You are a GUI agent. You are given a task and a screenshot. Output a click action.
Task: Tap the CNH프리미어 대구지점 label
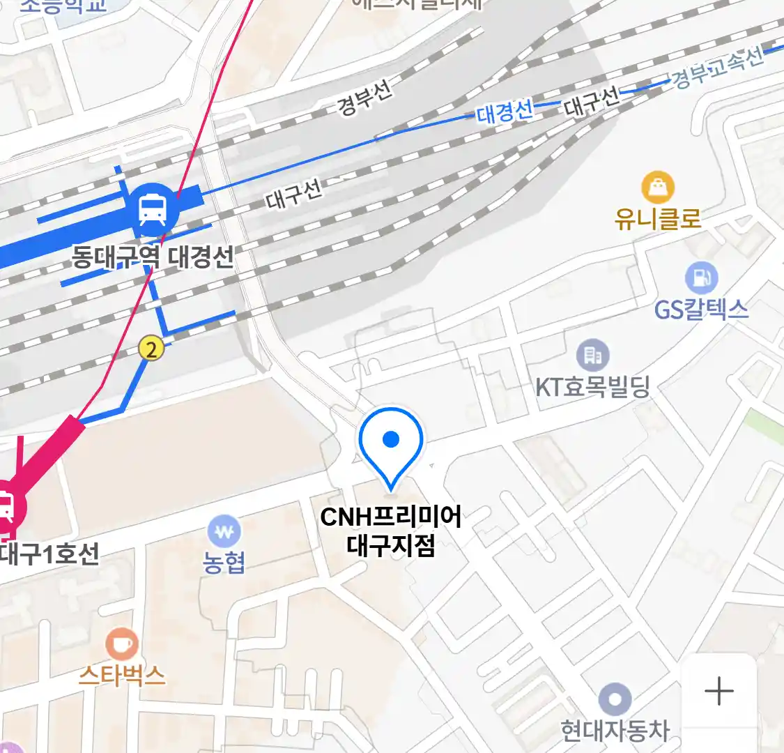(391, 531)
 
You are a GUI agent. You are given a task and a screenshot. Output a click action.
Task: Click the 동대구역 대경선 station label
(153, 257)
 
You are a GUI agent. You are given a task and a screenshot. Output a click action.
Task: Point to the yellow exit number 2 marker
(151, 347)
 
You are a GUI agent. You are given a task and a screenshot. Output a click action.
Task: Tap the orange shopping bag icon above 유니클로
(658, 188)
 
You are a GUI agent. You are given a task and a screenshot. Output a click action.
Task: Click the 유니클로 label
(658, 219)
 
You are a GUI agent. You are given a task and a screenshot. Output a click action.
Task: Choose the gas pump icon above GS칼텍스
(700, 277)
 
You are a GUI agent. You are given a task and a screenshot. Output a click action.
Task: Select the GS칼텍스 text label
(701, 309)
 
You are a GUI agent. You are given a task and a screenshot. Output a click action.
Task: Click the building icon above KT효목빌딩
(592, 356)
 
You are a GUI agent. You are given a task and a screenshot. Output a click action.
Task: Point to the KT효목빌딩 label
(592, 386)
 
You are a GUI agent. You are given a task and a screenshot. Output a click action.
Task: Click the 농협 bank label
(224, 563)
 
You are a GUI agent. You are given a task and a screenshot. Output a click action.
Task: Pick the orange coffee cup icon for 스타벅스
(122, 644)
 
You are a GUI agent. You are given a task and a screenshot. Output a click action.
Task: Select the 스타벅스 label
(122, 675)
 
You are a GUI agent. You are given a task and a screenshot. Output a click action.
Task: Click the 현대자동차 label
(615, 731)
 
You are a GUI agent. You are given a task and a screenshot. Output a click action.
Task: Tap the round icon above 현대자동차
(615, 699)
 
